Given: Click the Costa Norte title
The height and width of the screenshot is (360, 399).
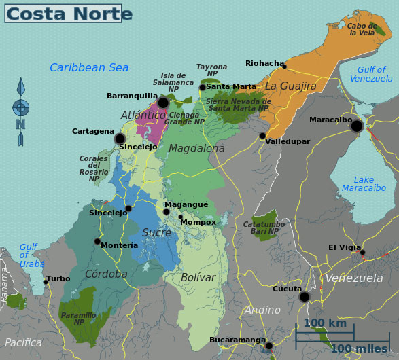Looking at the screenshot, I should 69,14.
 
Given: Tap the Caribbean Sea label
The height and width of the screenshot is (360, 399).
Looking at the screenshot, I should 89,67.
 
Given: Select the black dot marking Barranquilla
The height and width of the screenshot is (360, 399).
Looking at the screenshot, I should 163,103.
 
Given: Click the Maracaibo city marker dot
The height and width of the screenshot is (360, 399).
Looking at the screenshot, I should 356,126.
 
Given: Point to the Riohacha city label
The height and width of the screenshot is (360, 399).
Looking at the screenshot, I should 264,64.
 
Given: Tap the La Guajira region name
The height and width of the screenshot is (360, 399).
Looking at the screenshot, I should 291,86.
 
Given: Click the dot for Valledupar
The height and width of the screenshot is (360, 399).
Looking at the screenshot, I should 262,136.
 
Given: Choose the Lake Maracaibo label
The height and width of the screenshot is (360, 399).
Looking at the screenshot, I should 364,184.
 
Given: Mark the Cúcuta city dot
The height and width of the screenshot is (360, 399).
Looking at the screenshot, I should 305,297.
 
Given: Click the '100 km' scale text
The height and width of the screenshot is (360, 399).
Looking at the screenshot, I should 324,323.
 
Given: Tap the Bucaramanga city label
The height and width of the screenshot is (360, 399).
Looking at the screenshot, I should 237,340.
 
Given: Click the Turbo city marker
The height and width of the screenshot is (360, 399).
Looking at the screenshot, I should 46,281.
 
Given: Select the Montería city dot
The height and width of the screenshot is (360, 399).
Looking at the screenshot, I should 97,241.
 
